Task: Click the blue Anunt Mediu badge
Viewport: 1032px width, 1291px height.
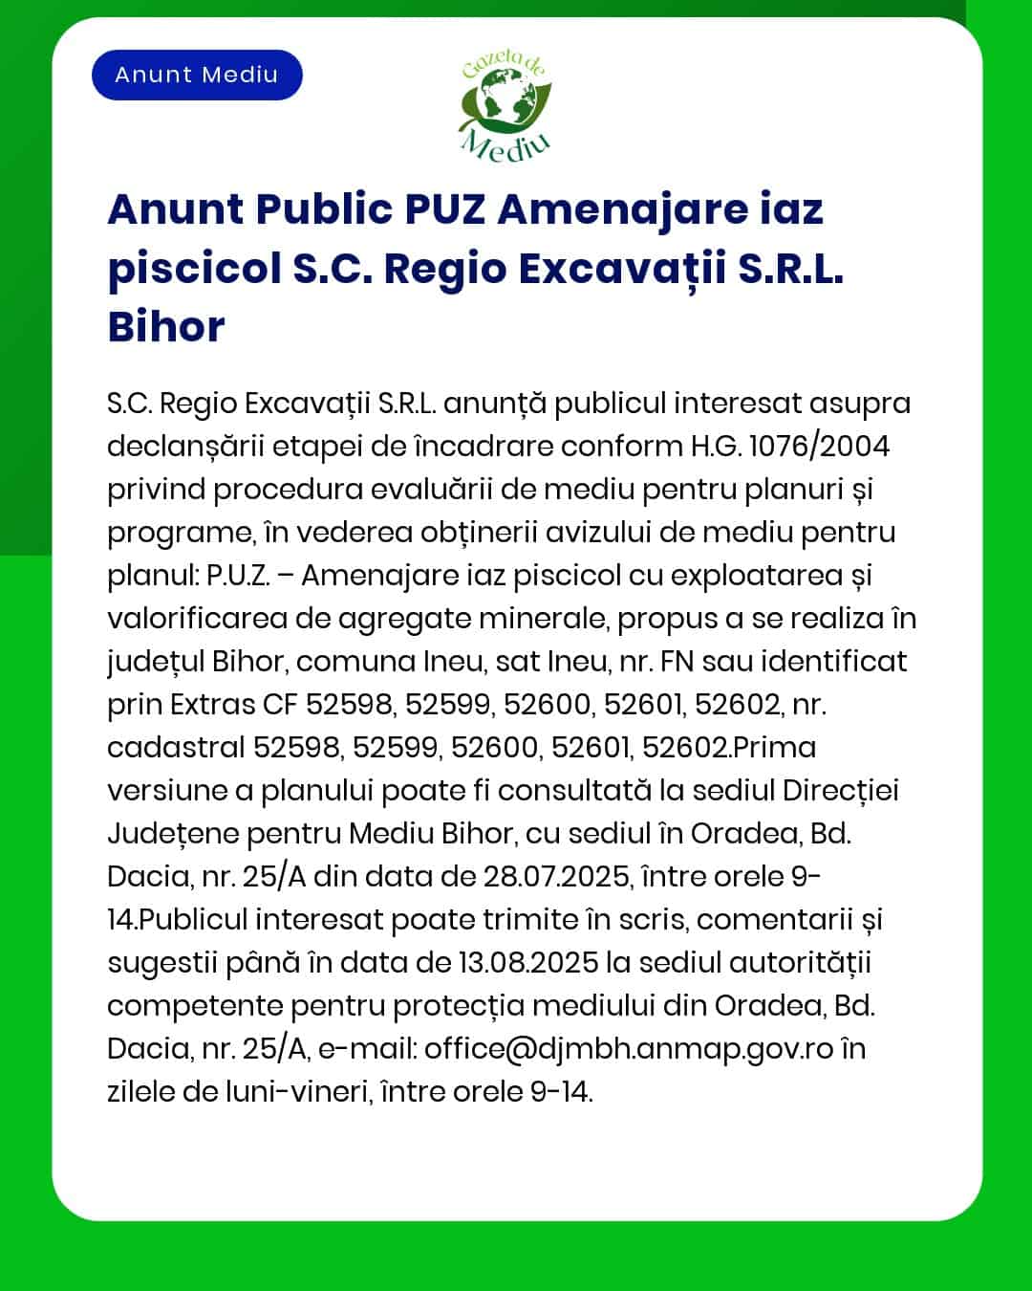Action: (197, 75)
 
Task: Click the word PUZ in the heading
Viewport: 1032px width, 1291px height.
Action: (444, 209)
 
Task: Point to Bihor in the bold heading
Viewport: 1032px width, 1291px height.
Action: (166, 326)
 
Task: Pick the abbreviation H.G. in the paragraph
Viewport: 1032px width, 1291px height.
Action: (716, 447)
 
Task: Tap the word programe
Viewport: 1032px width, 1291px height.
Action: (179, 533)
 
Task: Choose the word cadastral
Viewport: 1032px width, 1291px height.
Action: (175, 748)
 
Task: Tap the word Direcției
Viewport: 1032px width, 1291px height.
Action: (841, 791)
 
